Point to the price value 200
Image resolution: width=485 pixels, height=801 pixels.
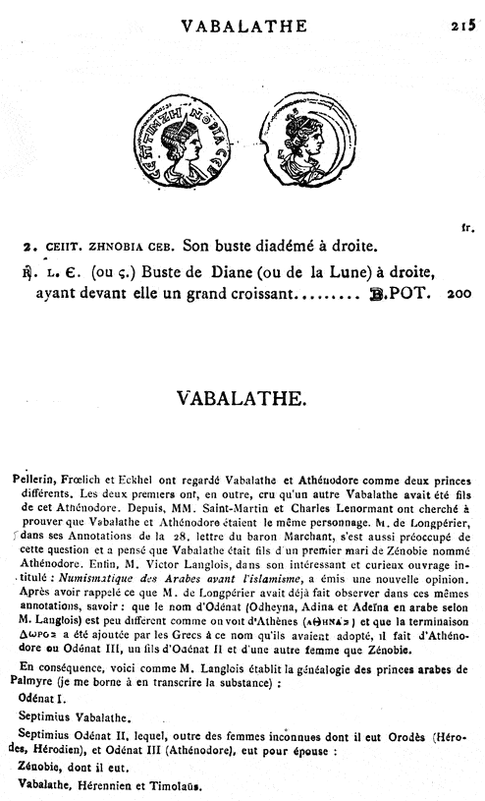click(460, 293)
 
